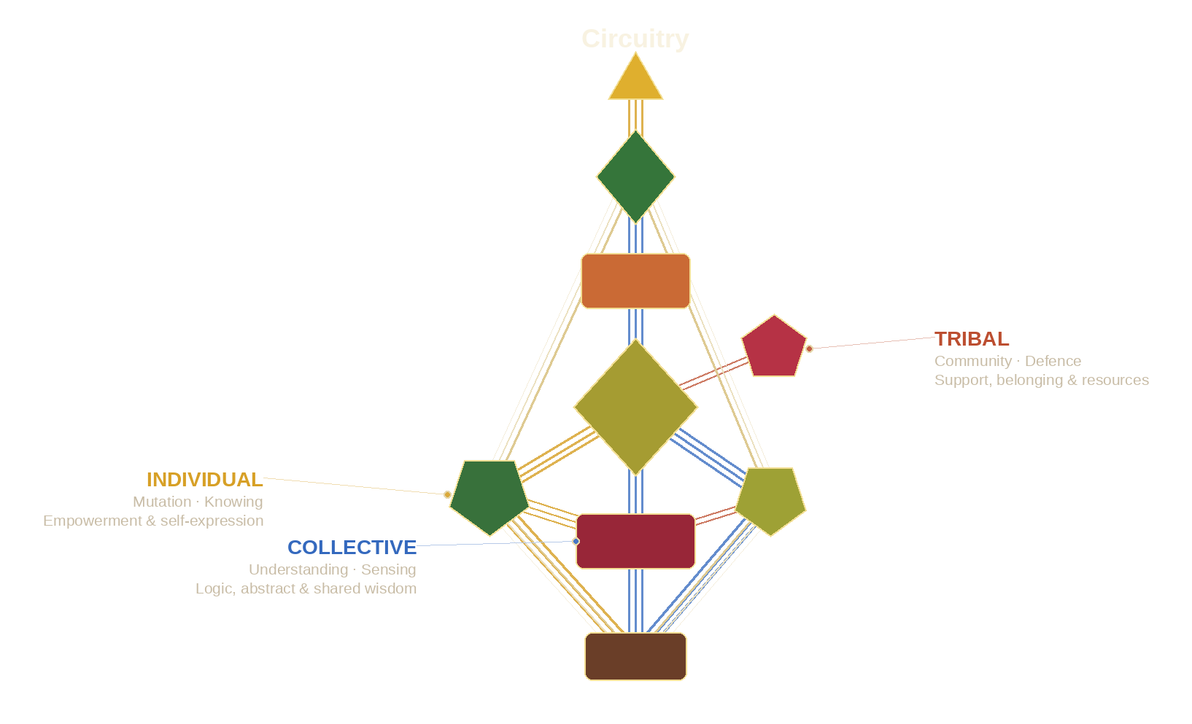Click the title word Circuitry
[x=635, y=39]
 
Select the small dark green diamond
[x=635, y=176]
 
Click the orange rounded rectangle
[x=635, y=281]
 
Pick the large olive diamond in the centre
[x=635, y=407]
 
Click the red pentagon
[x=774, y=348]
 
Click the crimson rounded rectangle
[x=635, y=541]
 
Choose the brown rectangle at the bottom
[x=635, y=656]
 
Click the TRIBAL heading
[x=972, y=339]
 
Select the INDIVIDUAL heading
[x=204, y=480]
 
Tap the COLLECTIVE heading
[x=352, y=548]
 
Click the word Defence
[x=1053, y=361]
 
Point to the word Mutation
[x=162, y=502]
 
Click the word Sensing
[x=388, y=569]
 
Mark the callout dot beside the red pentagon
[x=809, y=349]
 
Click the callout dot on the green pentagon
[x=447, y=494]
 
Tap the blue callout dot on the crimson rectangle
[x=576, y=541]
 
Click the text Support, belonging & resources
[x=1041, y=380]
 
